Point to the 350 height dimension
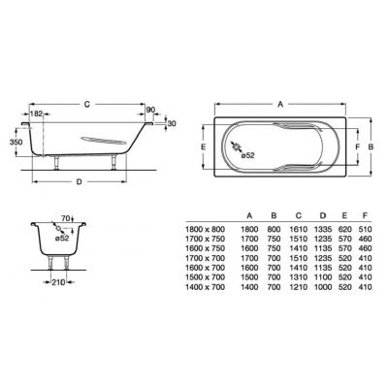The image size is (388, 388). (x=15, y=142)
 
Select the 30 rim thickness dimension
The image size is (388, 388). (x=172, y=124)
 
